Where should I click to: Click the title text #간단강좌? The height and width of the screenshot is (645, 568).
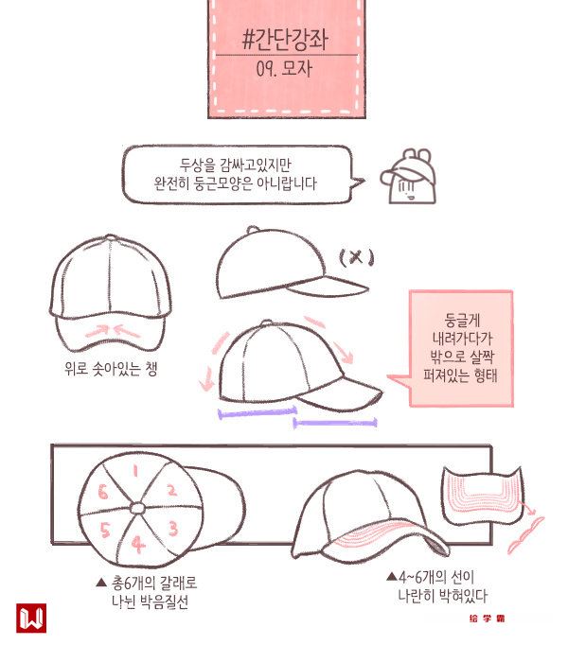click(x=285, y=40)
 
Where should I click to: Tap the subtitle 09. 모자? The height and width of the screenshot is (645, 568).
click(x=284, y=68)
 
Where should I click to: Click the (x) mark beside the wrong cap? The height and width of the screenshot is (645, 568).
click(x=357, y=257)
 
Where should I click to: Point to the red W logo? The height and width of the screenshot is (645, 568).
click(x=31, y=618)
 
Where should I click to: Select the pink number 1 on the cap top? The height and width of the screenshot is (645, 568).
click(x=135, y=471)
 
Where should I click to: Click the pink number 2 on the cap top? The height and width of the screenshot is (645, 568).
click(x=171, y=490)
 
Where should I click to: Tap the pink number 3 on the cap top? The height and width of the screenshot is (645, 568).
click(x=173, y=528)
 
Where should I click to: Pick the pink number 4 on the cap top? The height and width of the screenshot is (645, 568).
click(x=138, y=544)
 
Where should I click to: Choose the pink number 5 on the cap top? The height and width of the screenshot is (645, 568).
click(x=105, y=530)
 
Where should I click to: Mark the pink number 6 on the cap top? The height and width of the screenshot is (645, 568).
click(x=102, y=492)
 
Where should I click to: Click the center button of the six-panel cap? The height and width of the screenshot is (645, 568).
click(x=137, y=509)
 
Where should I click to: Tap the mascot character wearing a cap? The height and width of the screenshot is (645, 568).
click(x=409, y=177)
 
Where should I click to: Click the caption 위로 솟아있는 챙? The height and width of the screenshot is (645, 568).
click(x=111, y=369)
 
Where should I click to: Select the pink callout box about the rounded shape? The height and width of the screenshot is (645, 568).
click(x=461, y=348)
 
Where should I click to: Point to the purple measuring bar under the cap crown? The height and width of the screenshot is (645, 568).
click(x=257, y=412)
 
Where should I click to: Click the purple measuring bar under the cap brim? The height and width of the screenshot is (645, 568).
click(x=335, y=423)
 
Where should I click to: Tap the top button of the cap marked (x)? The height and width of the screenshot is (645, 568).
click(x=253, y=229)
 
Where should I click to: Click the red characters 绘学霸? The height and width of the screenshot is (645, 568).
click(x=487, y=619)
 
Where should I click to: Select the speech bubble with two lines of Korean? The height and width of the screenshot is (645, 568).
click(x=237, y=174)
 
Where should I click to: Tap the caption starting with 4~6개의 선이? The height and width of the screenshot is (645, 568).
click(x=437, y=586)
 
